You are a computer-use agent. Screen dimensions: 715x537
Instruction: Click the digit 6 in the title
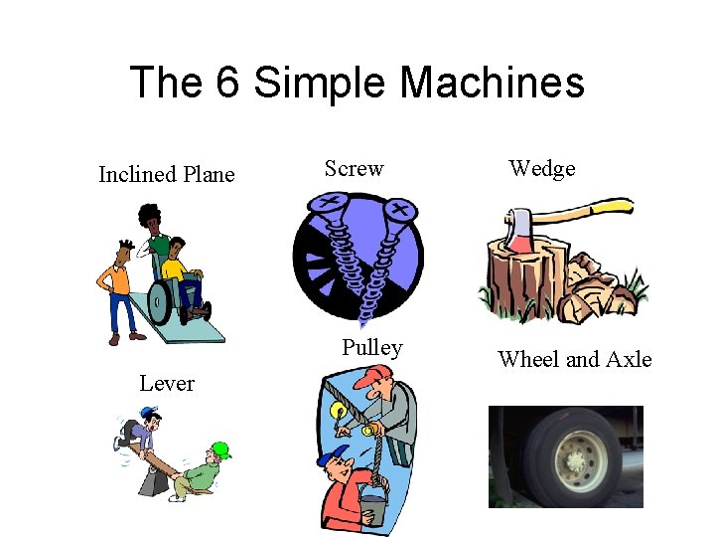[226, 83]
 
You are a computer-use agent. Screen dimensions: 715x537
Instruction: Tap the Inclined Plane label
[167, 175]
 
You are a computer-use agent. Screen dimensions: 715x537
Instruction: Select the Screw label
[354, 169]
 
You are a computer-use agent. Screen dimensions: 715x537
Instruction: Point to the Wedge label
[542, 169]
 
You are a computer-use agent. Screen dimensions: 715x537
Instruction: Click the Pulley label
[372, 348]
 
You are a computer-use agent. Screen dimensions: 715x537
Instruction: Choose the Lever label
[167, 384]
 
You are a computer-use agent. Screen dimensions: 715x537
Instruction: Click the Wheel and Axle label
[575, 359]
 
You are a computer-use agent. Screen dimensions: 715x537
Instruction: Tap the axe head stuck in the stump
[517, 229]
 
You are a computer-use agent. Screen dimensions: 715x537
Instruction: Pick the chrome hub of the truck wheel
[573, 460]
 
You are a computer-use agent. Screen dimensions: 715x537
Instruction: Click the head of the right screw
[400, 210]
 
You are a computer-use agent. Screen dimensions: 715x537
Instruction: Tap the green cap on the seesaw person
[221, 450]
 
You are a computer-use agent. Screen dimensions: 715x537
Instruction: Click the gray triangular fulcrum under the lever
[153, 481]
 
